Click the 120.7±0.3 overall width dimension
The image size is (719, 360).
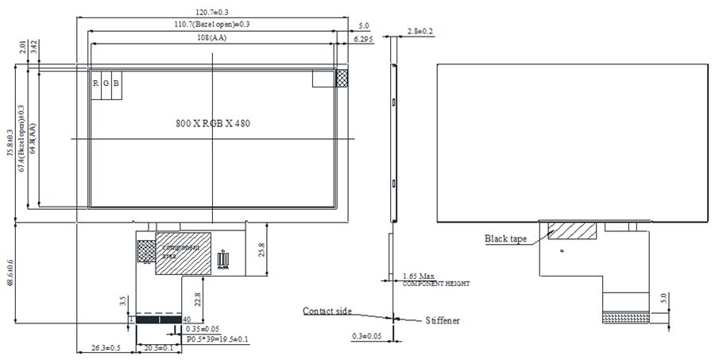coord(207,12)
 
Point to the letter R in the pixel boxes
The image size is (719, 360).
coord(95,83)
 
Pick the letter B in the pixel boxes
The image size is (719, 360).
coord(116,83)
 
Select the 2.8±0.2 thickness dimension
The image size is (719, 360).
coord(419,31)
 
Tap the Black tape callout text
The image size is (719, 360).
coord(505,238)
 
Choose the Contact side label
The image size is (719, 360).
coord(327,311)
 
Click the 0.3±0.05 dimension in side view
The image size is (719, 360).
coord(368,336)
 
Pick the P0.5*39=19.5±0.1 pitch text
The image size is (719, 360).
coord(217,339)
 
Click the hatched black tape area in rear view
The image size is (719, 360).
coord(572,230)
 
